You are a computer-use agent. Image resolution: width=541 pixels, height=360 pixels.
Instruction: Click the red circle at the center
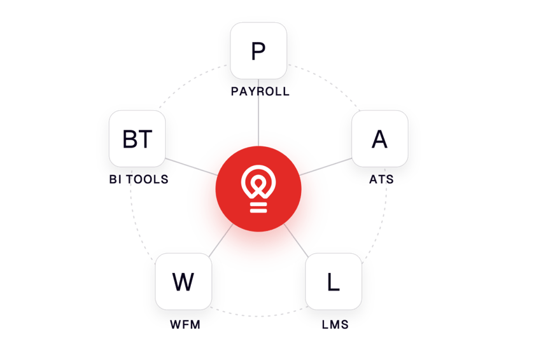[x=258, y=189]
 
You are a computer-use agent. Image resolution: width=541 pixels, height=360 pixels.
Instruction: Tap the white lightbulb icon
[x=258, y=189]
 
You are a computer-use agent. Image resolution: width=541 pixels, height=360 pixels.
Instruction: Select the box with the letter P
[x=258, y=51]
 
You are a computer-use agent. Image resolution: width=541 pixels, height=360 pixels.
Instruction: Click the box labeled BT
[x=137, y=139]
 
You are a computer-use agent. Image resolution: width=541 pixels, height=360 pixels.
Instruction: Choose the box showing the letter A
[x=380, y=139]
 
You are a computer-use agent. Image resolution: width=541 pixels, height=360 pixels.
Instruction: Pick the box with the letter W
[x=183, y=281]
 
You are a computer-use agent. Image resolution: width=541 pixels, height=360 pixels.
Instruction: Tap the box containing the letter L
[x=334, y=281]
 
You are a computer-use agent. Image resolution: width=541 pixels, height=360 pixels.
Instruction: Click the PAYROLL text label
[x=260, y=92]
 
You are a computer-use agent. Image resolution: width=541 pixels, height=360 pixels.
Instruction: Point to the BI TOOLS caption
[x=139, y=179]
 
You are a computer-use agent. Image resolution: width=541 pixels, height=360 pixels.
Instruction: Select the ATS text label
[x=381, y=179]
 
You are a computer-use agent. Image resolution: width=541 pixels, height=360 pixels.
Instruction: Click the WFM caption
[x=185, y=324]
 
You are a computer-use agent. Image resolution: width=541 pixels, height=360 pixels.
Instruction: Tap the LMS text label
[x=335, y=324]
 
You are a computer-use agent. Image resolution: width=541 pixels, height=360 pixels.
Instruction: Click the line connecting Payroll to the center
[x=258, y=113]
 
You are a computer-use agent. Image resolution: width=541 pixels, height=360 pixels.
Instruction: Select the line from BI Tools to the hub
[x=192, y=167]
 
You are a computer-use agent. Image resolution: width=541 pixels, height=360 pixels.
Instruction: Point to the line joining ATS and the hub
[x=326, y=167]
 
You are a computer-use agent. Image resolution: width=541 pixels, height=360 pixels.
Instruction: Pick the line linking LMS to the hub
[x=296, y=240]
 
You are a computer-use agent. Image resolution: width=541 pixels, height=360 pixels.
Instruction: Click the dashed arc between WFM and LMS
[x=258, y=315]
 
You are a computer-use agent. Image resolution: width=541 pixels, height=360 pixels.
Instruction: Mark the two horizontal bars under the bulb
[x=258, y=207]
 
